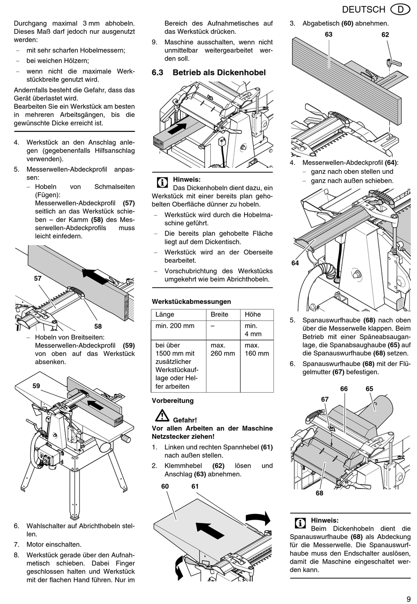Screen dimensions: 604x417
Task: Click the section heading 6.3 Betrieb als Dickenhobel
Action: pyautogui.click(x=208, y=72)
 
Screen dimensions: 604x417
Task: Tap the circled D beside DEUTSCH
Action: pyautogui.click(x=400, y=9)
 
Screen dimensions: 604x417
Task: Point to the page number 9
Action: pyautogui.click(x=408, y=599)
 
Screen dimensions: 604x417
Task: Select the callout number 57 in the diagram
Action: pyautogui.click(x=38, y=278)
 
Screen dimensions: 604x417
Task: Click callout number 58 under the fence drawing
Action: pyautogui.click(x=98, y=326)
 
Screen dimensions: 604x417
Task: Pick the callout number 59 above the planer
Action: pyautogui.click(x=36, y=386)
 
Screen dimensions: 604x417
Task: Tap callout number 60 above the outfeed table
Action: pyautogui.click(x=165, y=486)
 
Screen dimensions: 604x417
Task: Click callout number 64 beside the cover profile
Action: pyautogui.click(x=295, y=263)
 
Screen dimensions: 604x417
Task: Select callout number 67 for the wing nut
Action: pyautogui.click(x=325, y=399)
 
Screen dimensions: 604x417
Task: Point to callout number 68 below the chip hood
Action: pyautogui.click(x=320, y=493)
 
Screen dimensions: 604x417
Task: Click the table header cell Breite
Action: pyautogui.click(x=219, y=315)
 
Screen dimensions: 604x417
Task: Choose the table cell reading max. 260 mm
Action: pyautogui.click(x=223, y=349)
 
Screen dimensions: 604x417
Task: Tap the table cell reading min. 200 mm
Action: pyautogui.click(x=175, y=326)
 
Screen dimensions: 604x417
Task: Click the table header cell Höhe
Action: pyautogui.click(x=253, y=315)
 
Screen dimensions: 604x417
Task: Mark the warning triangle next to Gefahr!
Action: pyautogui.click(x=162, y=415)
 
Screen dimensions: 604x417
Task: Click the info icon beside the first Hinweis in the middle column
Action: pyautogui.click(x=162, y=182)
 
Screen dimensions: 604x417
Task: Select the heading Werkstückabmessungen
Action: pyautogui.click(x=191, y=301)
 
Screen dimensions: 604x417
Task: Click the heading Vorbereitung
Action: pyautogui.click(x=173, y=401)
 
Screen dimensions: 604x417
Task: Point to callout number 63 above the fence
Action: pyautogui.click(x=329, y=34)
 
